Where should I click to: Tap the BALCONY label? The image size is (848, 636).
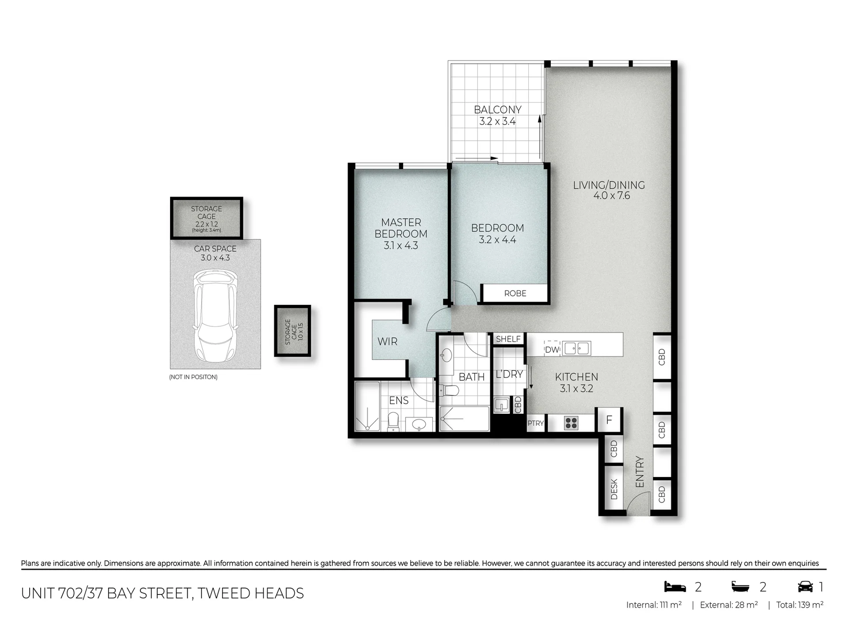[x=497, y=110]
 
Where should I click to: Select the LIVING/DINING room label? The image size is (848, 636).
[x=609, y=185]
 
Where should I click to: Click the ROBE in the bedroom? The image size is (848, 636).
[x=515, y=293]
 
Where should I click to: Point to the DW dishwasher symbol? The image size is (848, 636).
[x=552, y=349]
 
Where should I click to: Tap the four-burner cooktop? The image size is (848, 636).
[x=571, y=423]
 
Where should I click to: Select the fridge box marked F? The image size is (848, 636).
[x=609, y=420]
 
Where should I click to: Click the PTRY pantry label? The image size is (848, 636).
[x=536, y=423]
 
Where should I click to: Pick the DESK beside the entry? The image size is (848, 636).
[x=614, y=489]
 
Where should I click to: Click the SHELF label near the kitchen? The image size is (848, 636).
[x=508, y=339]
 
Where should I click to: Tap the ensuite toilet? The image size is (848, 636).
[x=393, y=421]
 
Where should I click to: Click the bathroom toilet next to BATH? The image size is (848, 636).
[x=450, y=390]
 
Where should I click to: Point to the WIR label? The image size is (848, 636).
[x=387, y=341]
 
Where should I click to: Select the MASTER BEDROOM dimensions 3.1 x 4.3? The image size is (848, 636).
[x=401, y=246]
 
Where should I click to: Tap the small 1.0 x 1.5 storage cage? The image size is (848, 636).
[x=293, y=331]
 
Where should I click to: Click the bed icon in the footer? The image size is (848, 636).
[x=675, y=587]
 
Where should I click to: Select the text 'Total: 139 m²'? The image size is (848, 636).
[x=800, y=605]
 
